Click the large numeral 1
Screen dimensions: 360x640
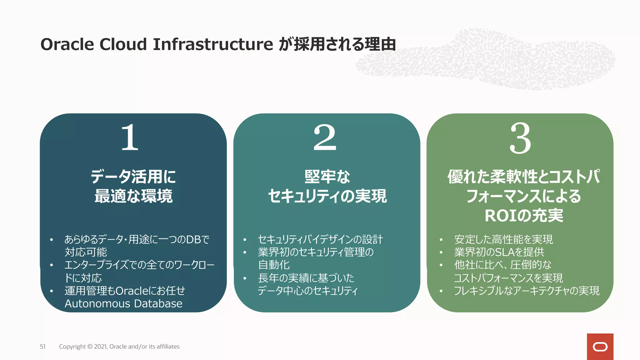(130, 137)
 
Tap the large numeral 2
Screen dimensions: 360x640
(325, 137)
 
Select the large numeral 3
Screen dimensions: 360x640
(520, 138)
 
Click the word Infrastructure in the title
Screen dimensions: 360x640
(213, 44)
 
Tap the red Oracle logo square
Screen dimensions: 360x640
(600, 347)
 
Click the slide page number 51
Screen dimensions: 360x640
(43, 347)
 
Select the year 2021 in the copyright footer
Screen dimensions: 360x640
(100, 347)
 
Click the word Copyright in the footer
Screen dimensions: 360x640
(72, 347)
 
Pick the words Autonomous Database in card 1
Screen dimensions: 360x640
(123, 304)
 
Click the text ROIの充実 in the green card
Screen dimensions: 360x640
(524, 216)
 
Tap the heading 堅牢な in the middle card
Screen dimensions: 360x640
(327, 177)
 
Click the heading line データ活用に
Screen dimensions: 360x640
(133, 177)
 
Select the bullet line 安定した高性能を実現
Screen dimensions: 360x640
(503, 239)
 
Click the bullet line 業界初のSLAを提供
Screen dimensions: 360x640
(499, 252)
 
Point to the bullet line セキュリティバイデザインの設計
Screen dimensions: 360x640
(320, 239)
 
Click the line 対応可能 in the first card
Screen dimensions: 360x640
(86, 252)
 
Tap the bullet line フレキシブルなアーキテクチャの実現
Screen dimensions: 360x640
(527, 291)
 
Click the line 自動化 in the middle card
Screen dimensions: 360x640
(274, 265)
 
